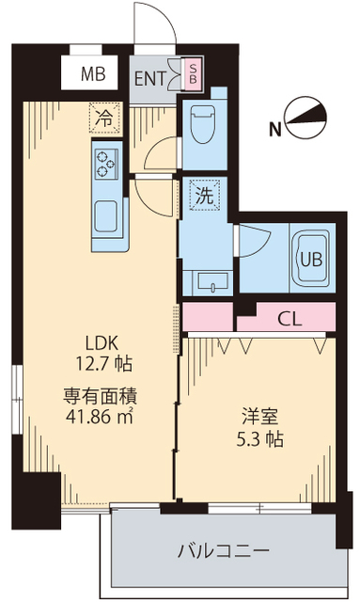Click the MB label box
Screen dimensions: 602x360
point(92,72)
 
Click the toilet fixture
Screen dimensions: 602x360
point(203,123)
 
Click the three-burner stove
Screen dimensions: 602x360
point(104,163)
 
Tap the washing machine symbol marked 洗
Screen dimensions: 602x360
point(204,196)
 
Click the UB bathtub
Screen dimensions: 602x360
point(308,257)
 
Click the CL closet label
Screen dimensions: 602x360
point(290,318)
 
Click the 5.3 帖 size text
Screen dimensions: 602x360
point(255,439)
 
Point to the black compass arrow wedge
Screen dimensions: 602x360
point(314,118)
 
